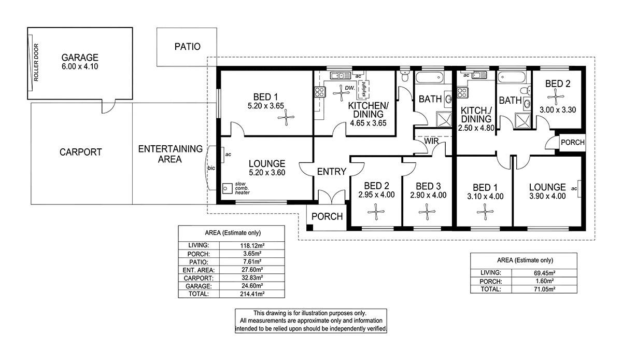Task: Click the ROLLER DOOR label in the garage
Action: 36,63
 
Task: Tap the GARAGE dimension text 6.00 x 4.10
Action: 80,66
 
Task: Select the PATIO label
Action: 188,46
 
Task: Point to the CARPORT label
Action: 81,152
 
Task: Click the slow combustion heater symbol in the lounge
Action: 228,188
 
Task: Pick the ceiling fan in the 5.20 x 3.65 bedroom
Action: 286,117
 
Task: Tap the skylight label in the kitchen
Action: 364,89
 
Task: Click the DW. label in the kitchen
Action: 350,88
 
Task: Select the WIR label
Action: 431,141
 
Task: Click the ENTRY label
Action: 332,172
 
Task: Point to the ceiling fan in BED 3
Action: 427,212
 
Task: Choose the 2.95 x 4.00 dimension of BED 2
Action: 376,195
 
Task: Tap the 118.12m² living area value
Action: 252,245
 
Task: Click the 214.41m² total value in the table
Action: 252,294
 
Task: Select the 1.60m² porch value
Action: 544,281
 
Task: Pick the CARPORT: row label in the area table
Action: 199,278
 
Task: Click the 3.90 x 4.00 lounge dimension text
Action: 547,196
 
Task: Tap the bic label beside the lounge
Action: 211,168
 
